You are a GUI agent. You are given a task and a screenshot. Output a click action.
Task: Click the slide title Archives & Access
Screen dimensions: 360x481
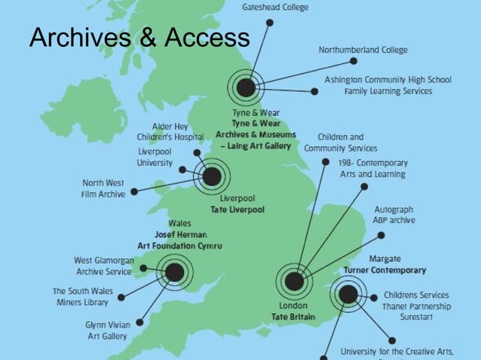click(139, 37)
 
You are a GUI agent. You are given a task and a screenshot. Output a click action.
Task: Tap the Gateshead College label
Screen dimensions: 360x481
click(274, 7)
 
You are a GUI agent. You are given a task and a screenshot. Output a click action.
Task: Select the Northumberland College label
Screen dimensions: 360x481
click(363, 50)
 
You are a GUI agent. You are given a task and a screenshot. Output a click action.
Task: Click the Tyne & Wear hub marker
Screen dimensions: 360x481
click(246, 88)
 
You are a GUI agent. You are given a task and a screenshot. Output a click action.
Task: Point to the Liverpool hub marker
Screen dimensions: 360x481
click(213, 177)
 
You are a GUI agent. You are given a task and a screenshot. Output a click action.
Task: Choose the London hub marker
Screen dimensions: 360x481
click(294, 282)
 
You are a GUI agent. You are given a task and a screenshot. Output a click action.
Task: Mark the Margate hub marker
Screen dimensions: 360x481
click(348, 294)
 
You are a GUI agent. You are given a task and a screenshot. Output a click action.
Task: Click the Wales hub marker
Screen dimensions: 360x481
click(174, 272)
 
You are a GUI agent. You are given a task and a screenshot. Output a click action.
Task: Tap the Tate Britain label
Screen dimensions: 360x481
click(293, 317)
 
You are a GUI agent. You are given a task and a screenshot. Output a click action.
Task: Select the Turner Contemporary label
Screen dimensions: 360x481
click(384, 270)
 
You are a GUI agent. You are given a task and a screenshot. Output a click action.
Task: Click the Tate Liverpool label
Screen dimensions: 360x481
click(237, 209)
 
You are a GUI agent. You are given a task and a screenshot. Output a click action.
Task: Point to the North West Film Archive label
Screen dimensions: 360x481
click(104, 188)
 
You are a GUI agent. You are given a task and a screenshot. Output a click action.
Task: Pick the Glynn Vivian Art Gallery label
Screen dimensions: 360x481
click(106, 331)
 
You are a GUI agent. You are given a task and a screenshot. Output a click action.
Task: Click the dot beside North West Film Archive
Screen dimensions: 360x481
click(134, 191)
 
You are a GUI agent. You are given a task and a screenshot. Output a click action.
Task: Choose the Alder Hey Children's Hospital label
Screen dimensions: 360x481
click(170, 132)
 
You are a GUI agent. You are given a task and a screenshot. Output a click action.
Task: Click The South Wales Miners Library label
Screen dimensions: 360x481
click(81, 296)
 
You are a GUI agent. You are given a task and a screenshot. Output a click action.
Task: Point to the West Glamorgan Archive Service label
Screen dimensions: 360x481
click(103, 265)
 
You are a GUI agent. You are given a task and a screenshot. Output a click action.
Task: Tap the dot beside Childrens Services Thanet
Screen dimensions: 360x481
click(374, 297)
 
